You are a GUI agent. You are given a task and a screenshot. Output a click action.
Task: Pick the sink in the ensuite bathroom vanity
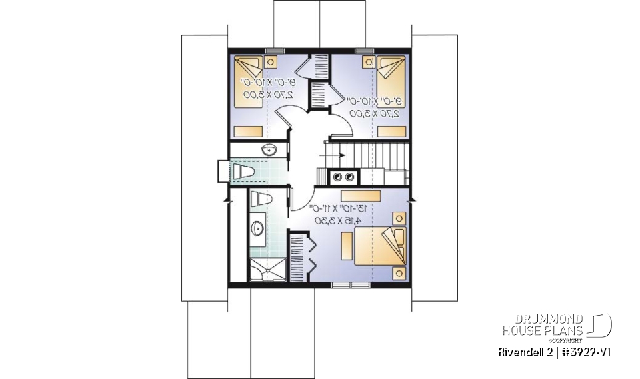click(257, 230)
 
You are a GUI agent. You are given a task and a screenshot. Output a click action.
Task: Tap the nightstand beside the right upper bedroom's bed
click(367, 62)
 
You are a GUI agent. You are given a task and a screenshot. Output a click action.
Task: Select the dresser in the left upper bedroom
click(249, 131)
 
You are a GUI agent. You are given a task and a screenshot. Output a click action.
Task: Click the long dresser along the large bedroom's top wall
click(360, 195)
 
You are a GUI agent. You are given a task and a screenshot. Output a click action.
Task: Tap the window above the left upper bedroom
click(272, 51)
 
